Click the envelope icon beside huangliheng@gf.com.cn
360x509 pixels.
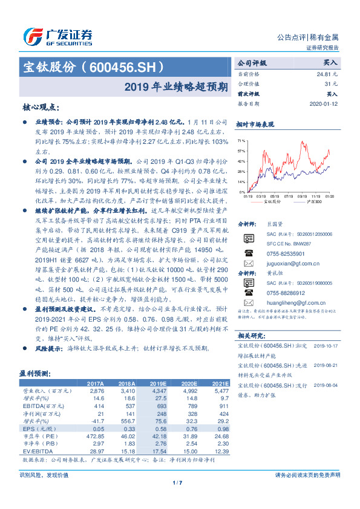pyautogui.click(x=248, y=302)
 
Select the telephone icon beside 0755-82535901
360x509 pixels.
pyautogui.click(x=248, y=253)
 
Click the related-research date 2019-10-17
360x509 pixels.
pyautogui.click(x=326, y=346)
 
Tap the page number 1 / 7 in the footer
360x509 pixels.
pyautogui.click(x=177, y=482)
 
